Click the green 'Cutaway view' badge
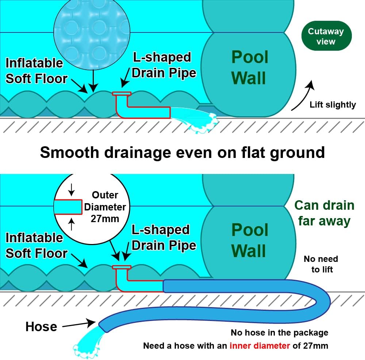pos(326,36)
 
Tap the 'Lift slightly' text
pos(333,105)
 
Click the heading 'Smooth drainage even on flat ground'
pos(182,152)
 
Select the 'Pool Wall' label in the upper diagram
pos(250,67)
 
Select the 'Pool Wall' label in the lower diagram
pos(250,240)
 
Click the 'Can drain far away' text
pos(324,213)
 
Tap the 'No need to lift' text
pos(321,264)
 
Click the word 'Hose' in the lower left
pos(41,326)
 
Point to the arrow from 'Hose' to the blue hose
pos(78,324)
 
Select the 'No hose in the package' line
pos(279,333)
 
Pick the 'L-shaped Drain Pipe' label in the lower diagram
pos(164,237)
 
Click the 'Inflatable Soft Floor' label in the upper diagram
pos(36,71)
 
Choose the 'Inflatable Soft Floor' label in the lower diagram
pos(36,245)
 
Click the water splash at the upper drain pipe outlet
pos(197,120)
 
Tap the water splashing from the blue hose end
pos(87,343)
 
